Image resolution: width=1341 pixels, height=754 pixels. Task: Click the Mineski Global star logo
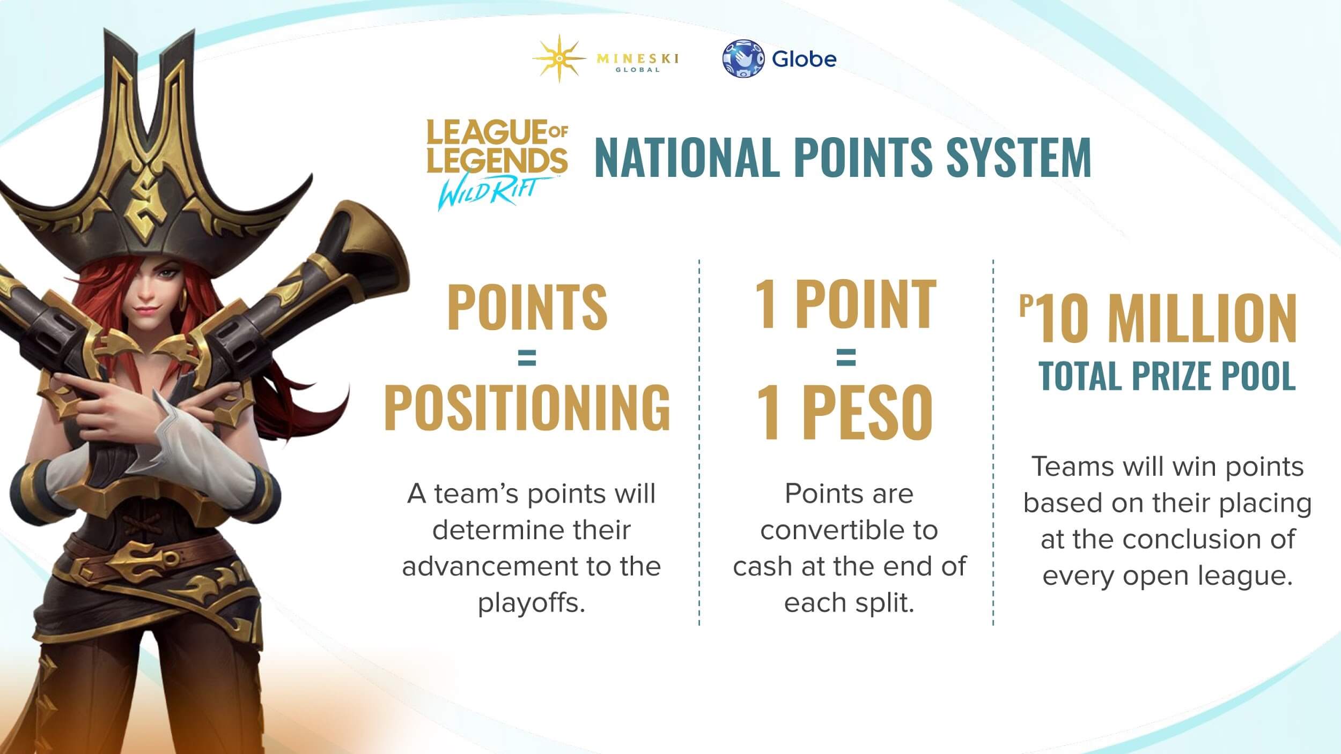pyautogui.click(x=558, y=58)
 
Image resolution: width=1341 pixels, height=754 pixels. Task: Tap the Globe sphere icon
pyautogui.click(x=743, y=58)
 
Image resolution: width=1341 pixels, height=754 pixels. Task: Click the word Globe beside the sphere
pyautogui.click(x=804, y=58)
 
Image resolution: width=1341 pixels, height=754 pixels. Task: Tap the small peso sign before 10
pyautogui.click(x=1026, y=305)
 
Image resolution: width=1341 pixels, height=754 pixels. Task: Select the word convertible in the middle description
pyautogui.click(x=849, y=530)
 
